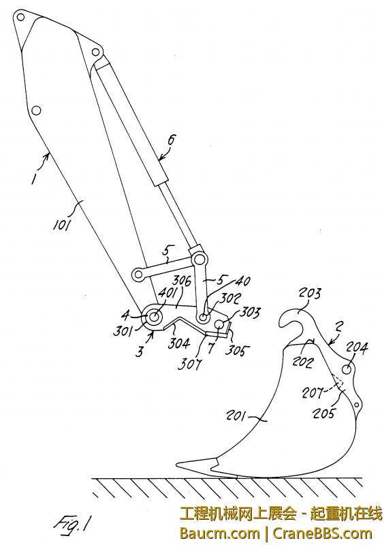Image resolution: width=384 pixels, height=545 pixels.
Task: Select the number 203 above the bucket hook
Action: [x=310, y=294]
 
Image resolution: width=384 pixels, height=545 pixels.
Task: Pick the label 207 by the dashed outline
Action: [x=312, y=393]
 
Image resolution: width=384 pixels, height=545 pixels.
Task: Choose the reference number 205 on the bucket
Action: [x=323, y=414]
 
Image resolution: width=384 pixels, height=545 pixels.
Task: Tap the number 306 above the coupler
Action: [x=182, y=281]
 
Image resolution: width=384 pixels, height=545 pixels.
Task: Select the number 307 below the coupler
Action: [x=189, y=364]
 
